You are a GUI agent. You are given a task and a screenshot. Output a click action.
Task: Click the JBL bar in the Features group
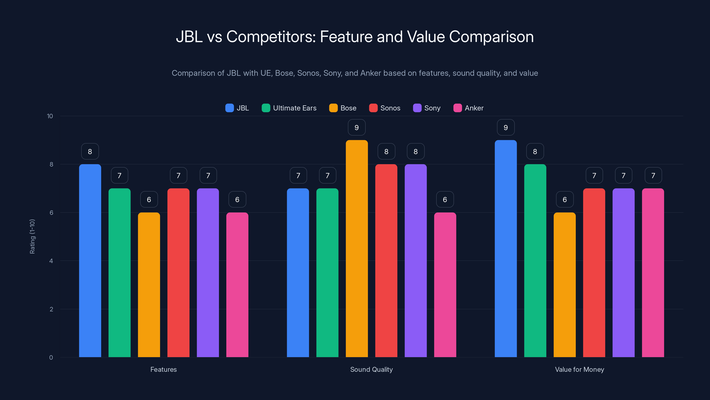90,261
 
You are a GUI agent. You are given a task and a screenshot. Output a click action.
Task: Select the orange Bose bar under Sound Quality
357,248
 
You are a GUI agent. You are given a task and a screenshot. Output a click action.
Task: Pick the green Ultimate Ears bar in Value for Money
535,261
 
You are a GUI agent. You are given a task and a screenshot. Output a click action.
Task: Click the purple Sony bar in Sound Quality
416,261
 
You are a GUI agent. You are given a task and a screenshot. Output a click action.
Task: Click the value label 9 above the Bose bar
357,128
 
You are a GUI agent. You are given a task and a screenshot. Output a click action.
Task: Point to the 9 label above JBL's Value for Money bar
505,128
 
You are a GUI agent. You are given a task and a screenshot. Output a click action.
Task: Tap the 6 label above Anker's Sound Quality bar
445,200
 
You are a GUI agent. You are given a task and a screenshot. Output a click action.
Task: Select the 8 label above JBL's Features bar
90,152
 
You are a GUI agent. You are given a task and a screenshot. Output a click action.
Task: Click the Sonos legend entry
385,108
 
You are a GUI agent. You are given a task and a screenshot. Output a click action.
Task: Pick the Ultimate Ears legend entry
289,108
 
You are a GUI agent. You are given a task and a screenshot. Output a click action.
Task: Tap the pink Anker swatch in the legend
458,108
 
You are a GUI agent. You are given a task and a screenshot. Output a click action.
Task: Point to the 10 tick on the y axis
50,116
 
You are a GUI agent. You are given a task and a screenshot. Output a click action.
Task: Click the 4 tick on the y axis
51,261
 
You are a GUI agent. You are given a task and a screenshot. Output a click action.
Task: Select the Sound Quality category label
371,369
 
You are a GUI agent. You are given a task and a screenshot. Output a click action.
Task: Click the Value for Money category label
579,369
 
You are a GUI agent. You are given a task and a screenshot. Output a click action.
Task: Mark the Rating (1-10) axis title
32,237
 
